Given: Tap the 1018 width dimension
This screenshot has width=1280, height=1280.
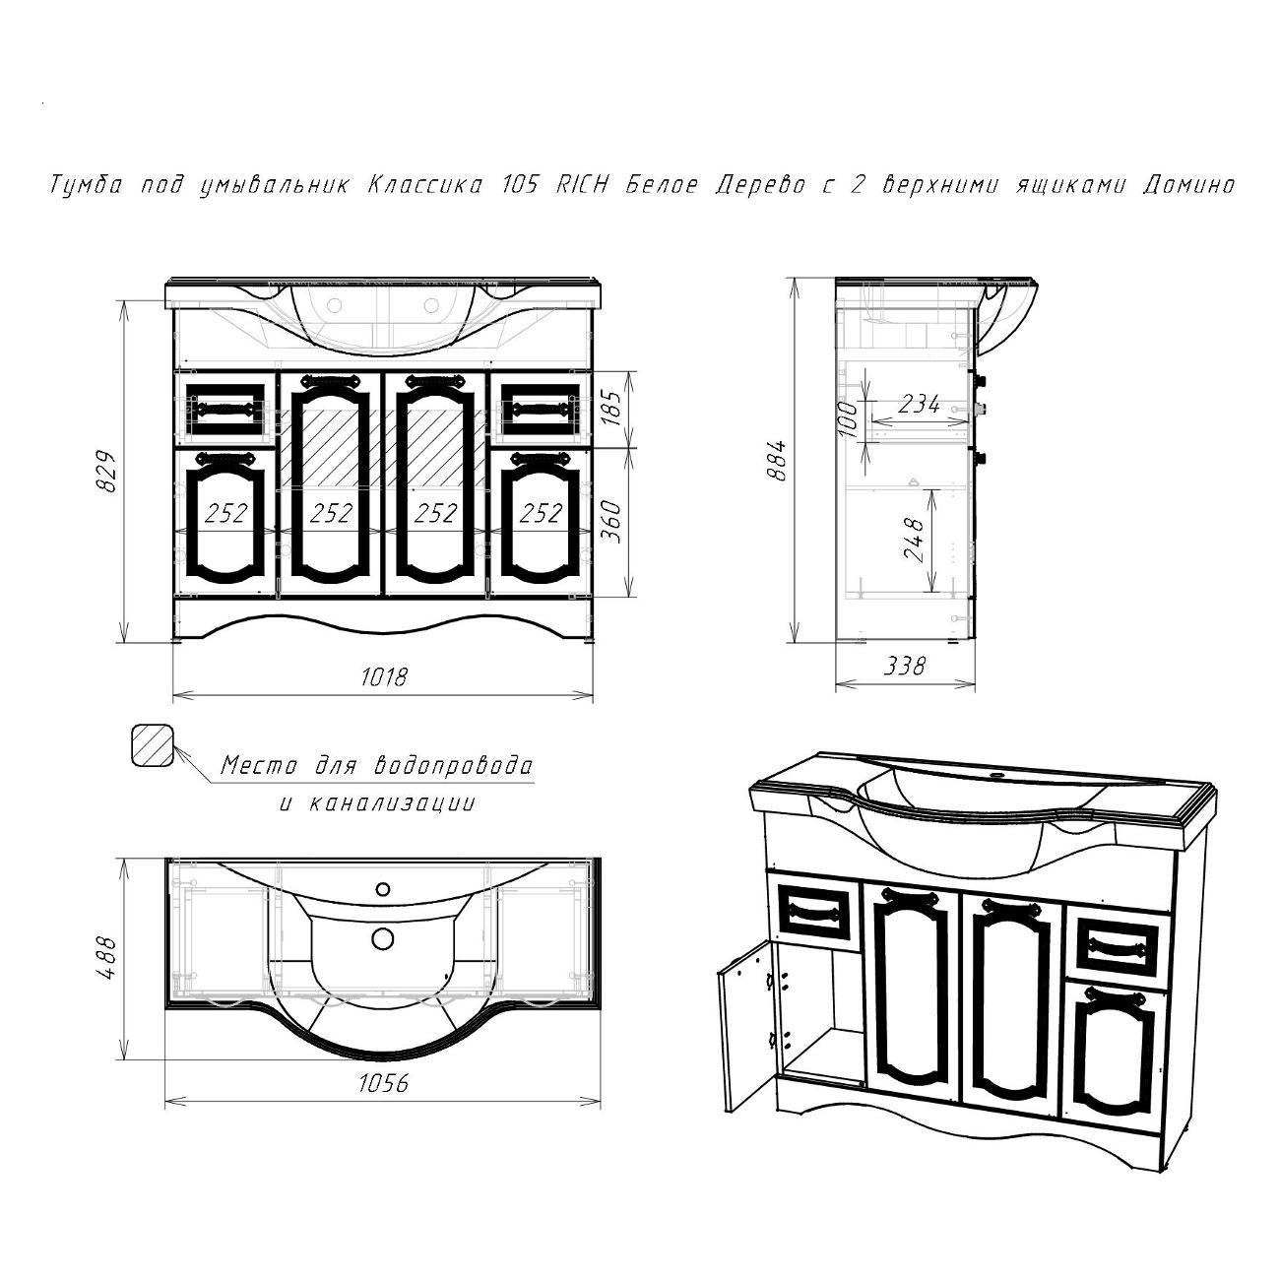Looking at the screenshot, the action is tap(383, 676).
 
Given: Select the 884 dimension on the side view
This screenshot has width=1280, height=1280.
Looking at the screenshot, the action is tap(777, 460).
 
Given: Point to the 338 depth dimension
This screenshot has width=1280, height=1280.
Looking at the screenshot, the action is tap(906, 665).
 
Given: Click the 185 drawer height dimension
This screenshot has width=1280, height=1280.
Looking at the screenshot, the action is tap(612, 408).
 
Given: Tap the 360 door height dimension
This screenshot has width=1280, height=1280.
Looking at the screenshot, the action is tap(612, 522).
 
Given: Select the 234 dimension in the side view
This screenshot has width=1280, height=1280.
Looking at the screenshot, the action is tap(919, 404).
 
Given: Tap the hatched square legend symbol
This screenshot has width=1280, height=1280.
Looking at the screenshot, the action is tap(152, 744).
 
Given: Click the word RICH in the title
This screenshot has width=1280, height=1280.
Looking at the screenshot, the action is tap(581, 185).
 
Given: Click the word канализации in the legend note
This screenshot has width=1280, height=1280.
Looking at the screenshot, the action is tap(393, 803).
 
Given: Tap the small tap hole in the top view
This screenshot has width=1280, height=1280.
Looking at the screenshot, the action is tap(383, 888).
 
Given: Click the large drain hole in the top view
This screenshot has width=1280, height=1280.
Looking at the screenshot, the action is tap(383, 938).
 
